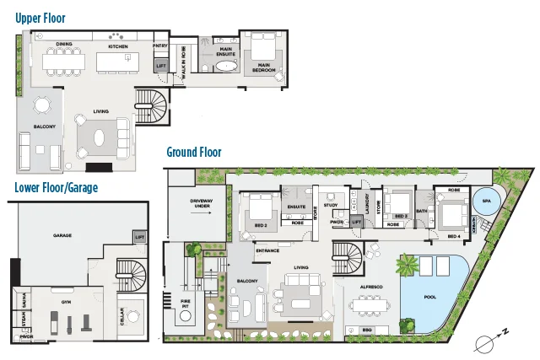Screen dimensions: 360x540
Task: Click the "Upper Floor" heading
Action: (x=40, y=17)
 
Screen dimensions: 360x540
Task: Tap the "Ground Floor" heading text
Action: (x=194, y=153)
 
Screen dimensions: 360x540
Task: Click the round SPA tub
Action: (x=485, y=203)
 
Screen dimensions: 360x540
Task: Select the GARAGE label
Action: (x=62, y=235)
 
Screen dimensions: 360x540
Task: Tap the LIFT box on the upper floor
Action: (x=161, y=65)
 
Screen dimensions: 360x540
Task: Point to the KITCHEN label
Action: (x=117, y=46)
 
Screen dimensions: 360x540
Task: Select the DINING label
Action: (x=63, y=44)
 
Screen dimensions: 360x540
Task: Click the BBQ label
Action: (x=366, y=330)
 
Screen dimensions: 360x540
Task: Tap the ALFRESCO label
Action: (x=371, y=287)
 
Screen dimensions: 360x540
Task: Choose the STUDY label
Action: (x=331, y=204)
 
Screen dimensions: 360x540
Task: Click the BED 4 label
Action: (x=454, y=236)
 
